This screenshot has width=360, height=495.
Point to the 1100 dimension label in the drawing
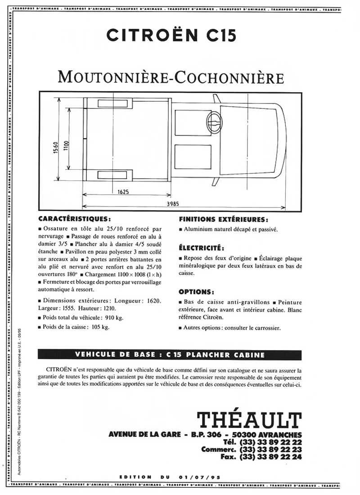66,146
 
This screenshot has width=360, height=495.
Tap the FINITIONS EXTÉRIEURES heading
224,220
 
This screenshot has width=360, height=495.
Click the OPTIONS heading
196,292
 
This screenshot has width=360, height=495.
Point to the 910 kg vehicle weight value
114,318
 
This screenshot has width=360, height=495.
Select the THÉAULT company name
249,419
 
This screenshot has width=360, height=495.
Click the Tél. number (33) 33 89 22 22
270,442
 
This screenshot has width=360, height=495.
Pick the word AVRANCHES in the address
279,434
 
